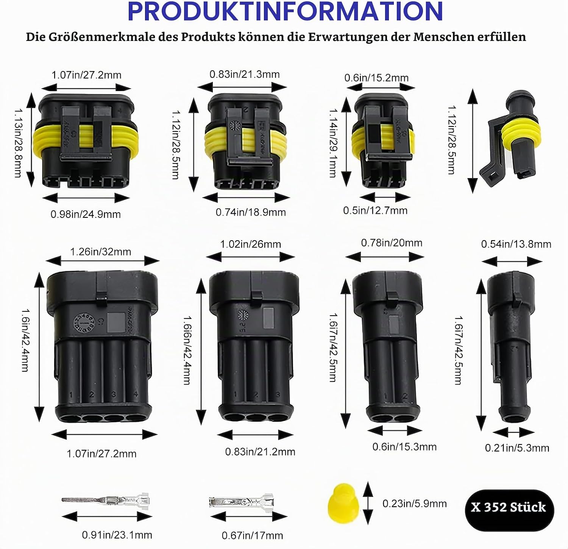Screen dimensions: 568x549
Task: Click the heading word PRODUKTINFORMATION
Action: coord(285,11)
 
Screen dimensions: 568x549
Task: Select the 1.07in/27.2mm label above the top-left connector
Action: coord(86,75)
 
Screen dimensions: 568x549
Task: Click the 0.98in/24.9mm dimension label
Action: coord(86,214)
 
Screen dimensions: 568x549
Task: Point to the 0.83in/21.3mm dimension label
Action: coord(245,74)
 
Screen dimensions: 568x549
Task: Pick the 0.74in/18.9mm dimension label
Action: coord(251,212)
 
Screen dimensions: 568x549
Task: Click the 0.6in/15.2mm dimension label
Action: coord(376,78)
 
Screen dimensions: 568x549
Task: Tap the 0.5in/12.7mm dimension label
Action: coord(375,210)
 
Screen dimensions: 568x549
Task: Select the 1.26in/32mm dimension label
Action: coord(101,252)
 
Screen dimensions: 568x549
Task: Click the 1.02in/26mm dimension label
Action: coord(251,244)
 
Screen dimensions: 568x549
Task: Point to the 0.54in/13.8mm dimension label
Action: coord(516,244)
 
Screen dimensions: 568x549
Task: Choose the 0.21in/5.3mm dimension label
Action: coord(517,448)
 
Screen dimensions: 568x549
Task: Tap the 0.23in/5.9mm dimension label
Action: coord(415,504)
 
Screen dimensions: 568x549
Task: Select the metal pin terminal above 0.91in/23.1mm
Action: coord(106,501)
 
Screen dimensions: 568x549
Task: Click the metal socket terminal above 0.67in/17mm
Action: coord(241,502)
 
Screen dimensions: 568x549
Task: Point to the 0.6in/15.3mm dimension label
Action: coord(404,447)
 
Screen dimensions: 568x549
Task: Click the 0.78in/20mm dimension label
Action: coord(392,243)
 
